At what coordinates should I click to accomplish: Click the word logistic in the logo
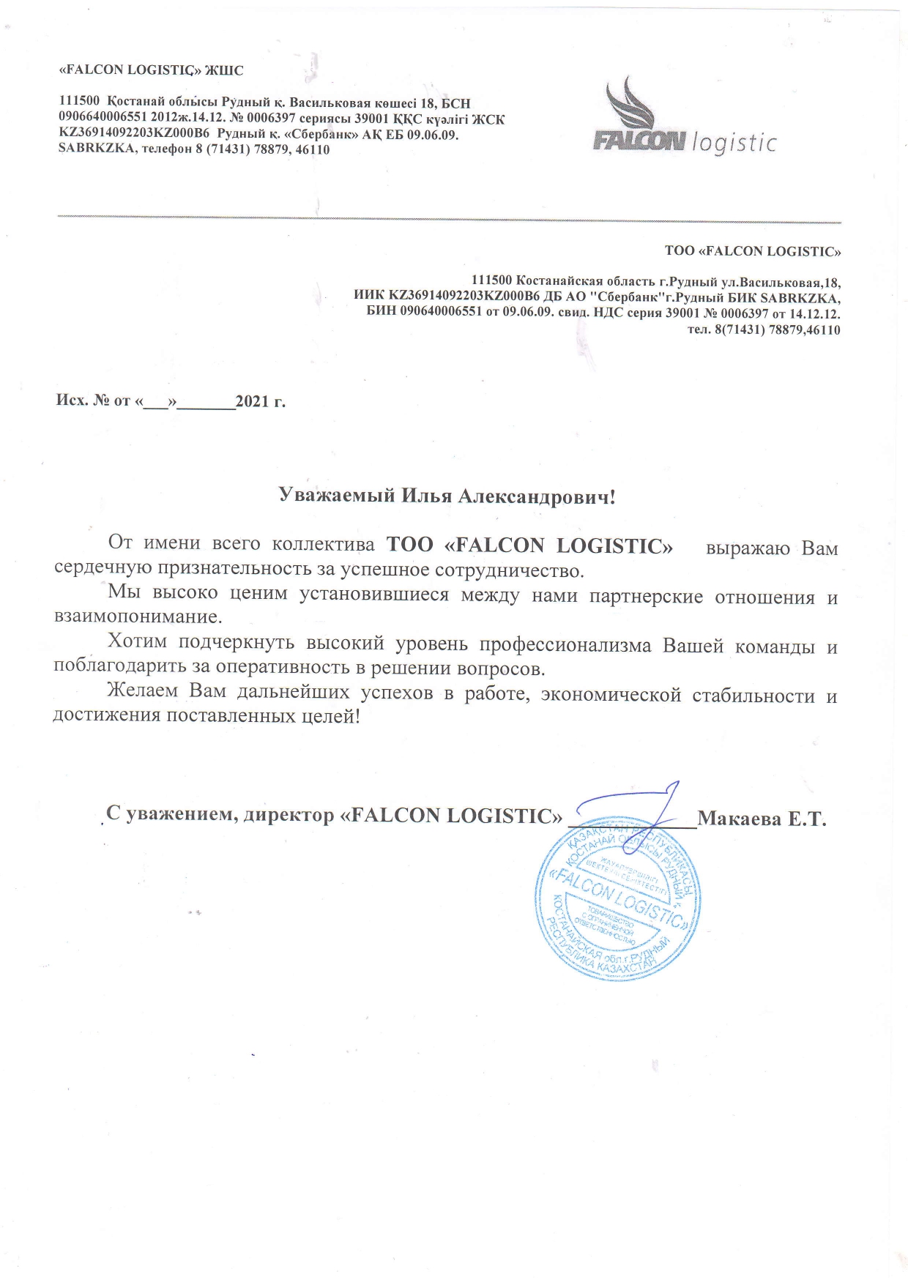point(733,142)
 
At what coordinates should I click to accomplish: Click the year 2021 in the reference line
point(252,401)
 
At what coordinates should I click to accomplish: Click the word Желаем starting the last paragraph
point(142,691)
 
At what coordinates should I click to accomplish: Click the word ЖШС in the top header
point(224,70)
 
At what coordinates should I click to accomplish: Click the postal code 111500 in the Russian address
point(491,281)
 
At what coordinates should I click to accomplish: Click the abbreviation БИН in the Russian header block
point(382,312)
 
